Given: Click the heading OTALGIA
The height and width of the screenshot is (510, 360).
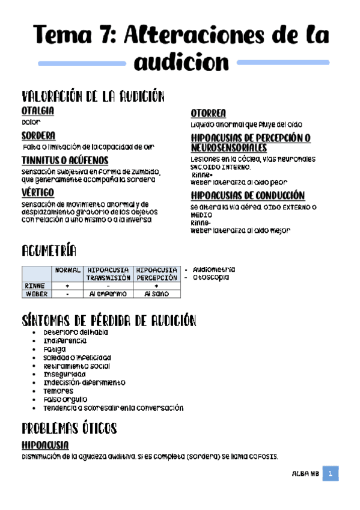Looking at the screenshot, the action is point(37,111).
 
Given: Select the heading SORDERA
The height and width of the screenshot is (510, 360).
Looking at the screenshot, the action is point(38,136).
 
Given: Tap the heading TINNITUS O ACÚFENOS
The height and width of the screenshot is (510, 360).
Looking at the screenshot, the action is point(65,160).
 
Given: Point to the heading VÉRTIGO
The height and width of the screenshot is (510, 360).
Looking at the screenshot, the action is point(37,192).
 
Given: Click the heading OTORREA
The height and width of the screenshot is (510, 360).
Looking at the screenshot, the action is point(208,114).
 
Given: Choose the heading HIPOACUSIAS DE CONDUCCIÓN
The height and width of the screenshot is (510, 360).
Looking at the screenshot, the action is point(247,196).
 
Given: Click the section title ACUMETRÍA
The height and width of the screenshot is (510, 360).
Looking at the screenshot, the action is point(49,250).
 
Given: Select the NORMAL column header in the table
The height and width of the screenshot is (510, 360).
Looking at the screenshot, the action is point(67,271).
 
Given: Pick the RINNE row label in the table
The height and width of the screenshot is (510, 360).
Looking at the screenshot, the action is point(36,286).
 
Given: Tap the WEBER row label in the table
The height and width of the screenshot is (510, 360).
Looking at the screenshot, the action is point(36,294).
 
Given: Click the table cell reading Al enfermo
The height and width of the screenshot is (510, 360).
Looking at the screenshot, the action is point(108,294).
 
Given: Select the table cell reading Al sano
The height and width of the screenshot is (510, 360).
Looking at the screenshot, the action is point(156,294).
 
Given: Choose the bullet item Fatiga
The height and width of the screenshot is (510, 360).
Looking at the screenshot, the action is point(55,349).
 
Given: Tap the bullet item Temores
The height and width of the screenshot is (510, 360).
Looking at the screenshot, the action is point(58,391).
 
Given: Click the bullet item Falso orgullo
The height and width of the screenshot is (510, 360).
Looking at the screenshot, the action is point(65,399).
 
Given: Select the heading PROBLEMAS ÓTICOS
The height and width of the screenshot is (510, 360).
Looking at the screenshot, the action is point(69,429).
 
